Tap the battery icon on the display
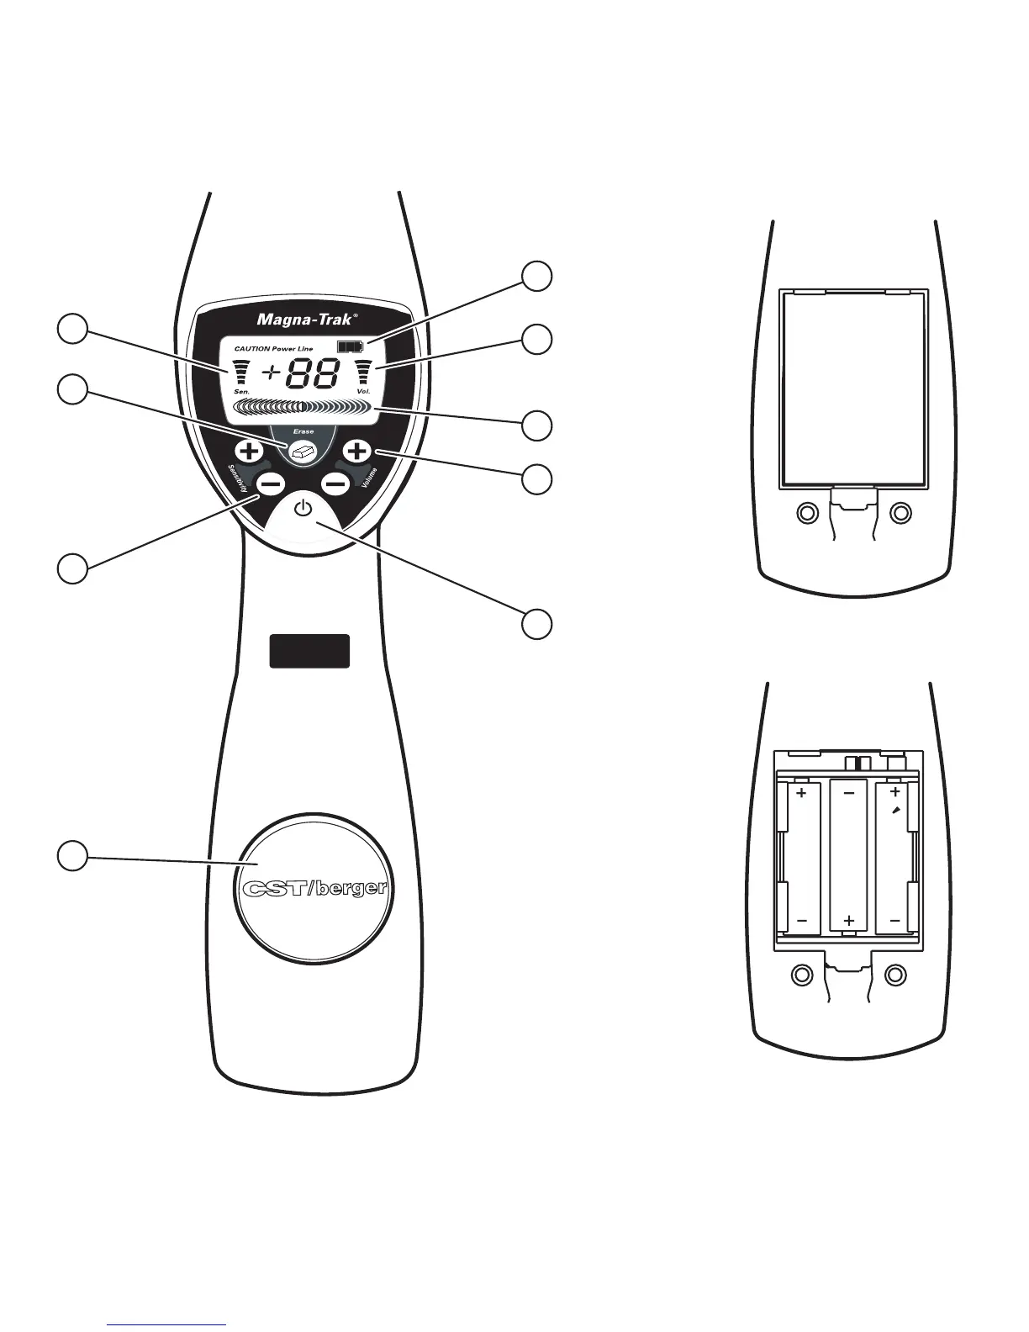pos(346,346)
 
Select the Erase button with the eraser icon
pos(303,452)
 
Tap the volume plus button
pos(357,452)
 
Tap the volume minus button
pos(336,484)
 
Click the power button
pos(304,509)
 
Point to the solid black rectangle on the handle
pos(309,651)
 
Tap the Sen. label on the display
pos(230,393)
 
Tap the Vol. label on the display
pos(363,393)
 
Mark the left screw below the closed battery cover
pos(805,511)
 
